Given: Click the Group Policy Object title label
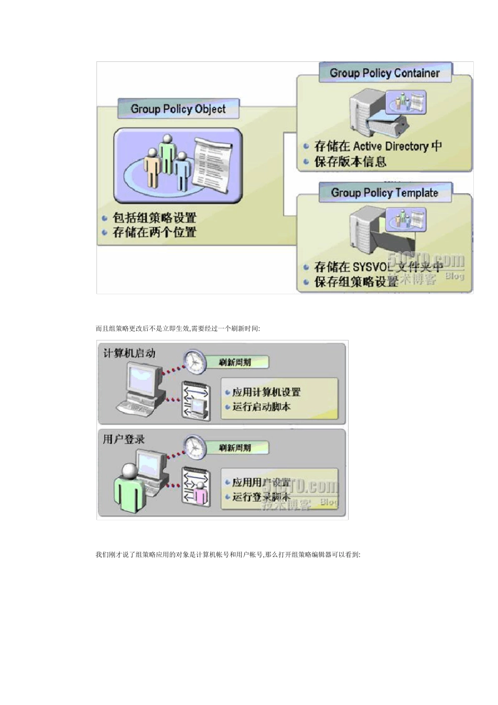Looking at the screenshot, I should coord(178,109).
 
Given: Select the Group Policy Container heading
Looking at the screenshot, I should coord(384,73).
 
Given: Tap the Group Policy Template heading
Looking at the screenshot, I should coord(384,193).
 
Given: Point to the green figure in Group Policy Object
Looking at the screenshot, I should coord(167,153).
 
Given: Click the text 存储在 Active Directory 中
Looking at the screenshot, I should coord(377,146).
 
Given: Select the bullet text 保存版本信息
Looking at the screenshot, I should coord(350,162).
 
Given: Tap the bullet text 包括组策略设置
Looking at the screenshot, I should coord(154,218).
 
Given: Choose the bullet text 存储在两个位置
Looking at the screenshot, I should coord(154,232).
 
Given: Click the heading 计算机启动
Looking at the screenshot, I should coord(129,353).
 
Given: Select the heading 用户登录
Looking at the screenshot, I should coord(123,439).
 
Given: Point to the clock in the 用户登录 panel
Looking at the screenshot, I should coord(195,447).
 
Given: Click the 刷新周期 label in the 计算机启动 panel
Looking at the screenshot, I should coord(235,362).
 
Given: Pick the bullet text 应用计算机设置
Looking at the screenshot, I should coord(266,392).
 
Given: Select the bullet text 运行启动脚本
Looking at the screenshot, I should coord(261,407).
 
